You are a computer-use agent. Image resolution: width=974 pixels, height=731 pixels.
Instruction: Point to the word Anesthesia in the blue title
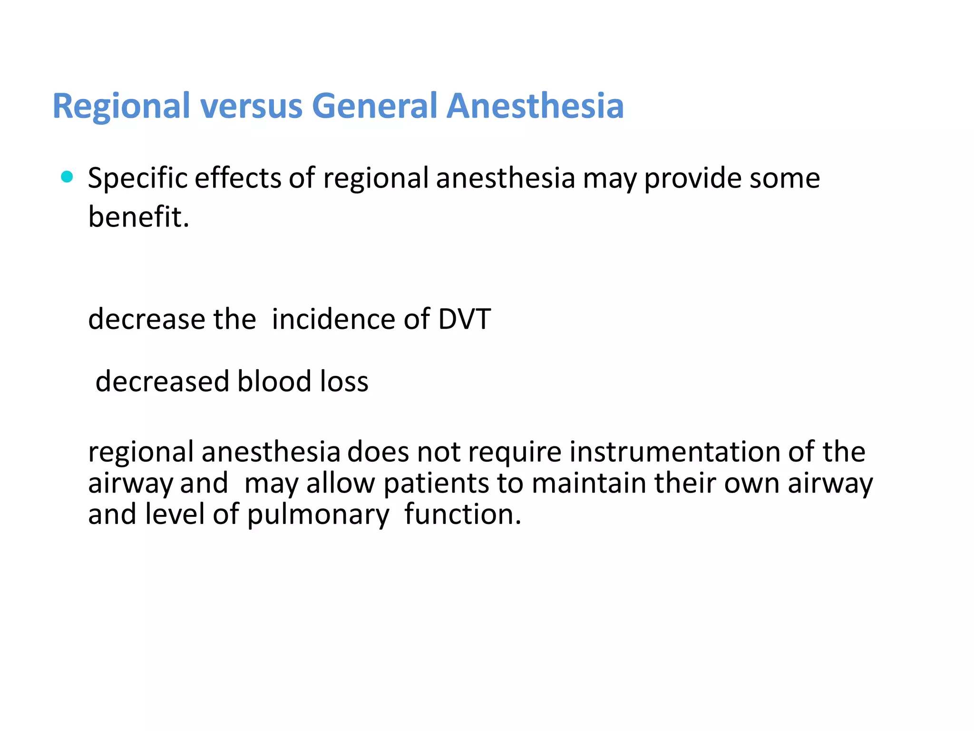pyautogui.click(x=535, y=106)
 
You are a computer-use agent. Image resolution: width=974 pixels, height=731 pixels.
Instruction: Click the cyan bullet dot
pyautogui.click(x=67, y=177)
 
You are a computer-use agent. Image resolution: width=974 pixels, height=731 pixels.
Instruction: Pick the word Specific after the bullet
pyautogui.click(x=137, y=179)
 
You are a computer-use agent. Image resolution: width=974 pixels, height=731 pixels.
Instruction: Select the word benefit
pyautogui.click(x=138, y=217)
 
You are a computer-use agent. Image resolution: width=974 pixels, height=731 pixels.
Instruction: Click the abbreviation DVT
pyautogui.click(x=464, y=319)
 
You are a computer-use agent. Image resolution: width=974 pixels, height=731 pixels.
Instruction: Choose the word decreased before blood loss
pyautogui.click(x=162, y=382)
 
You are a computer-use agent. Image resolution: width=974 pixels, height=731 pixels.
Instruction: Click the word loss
pyautogui.click(x=344, y=382)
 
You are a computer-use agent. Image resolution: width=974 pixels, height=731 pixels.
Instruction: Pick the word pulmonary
pyautogui.click(x=318, y=515)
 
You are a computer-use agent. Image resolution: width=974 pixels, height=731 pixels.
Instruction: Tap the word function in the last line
pyautogui.click(x=463, y=514)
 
